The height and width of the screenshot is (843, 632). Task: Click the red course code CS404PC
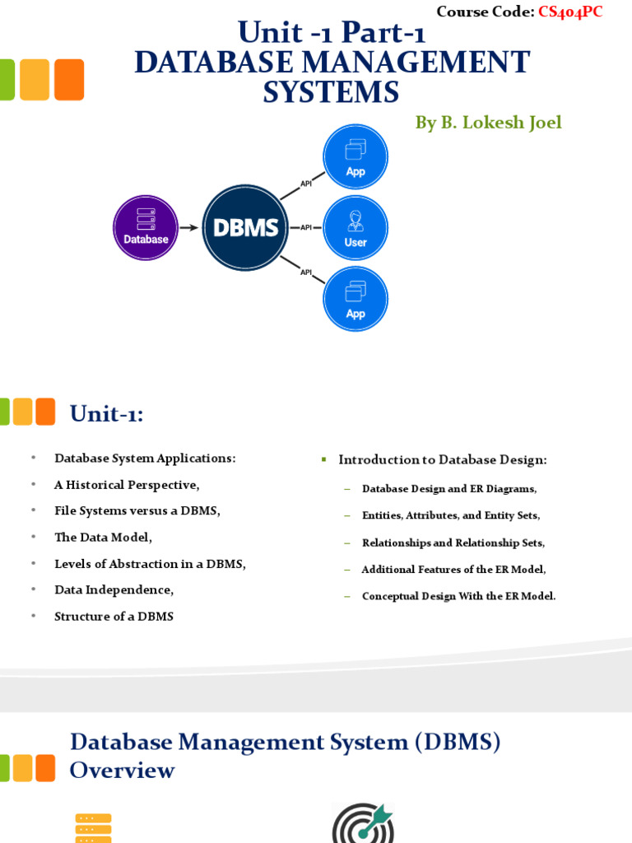click(x=570, y=12)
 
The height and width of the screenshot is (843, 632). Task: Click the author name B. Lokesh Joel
click(x=488, y=123)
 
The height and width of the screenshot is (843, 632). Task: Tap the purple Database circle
click(x=146, y=228)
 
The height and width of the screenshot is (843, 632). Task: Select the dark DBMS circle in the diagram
click(x=245, y=228)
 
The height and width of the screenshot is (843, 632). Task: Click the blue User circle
click(x=355, y=228)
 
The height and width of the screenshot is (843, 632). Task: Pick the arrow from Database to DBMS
click(x=189, y=228)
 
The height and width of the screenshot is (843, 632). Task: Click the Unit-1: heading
click(x=106, y=413)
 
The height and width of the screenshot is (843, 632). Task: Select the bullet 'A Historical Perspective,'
click(x=127, y=485)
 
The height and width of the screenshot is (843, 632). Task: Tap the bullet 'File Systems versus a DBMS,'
click(x=137, y=511)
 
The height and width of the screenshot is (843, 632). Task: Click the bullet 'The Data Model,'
click(x=104, y=538)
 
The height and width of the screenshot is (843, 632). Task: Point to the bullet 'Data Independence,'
click(x=114, y=590)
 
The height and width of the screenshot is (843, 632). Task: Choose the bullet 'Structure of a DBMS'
click(x=114, y=617)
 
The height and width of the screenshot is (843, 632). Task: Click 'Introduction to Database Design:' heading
click(x=443, y=459)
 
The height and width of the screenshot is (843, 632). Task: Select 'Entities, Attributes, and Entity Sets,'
click(x=451, y=516)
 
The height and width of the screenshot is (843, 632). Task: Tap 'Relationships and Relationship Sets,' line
click(x=453, y=543)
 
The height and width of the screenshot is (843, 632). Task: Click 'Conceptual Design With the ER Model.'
click(x=459, y=596)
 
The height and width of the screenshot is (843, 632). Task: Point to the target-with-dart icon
click(x=362, y=823)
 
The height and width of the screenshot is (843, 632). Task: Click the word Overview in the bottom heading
click(x=122, y=771)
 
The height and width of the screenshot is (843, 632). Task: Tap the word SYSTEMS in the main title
click(x=331, y=92)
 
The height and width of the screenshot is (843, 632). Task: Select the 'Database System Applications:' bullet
click(x=145, y=459)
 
